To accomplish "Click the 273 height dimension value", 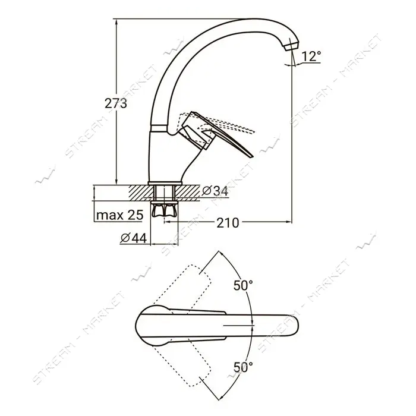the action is point(116,103).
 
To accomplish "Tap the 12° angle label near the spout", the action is point(311,56).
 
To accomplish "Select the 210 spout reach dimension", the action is point(228,223).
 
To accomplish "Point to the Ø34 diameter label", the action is point(215,191).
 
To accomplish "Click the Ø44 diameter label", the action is point(134,238).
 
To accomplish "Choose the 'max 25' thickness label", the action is point(120,215).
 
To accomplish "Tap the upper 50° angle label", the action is point(243,285).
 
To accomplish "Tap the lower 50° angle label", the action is point(243,367).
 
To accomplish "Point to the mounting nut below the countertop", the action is point(164,209).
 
